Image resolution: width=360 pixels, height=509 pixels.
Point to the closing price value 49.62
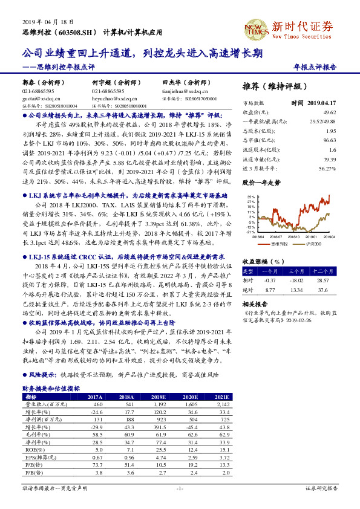330,112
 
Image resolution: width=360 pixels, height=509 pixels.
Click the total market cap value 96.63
330,140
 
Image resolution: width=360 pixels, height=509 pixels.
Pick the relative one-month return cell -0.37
270,280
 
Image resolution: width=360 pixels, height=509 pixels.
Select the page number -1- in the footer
180,487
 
